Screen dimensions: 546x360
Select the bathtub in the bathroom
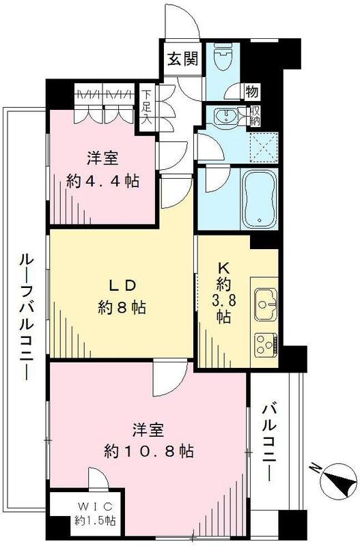point(258,197)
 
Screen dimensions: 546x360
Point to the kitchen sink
point(264,300)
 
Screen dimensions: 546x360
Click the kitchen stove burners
point(264,341)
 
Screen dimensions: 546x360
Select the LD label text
point(124,284)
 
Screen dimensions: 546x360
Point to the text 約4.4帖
point(104,181)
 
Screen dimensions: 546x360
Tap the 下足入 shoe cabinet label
point(146,106)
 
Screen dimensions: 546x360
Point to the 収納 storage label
point(255,116)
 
